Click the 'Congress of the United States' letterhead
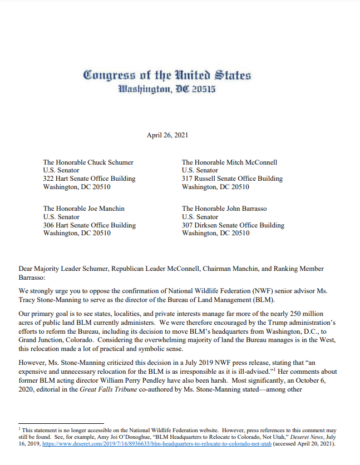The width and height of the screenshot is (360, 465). click(166, 75)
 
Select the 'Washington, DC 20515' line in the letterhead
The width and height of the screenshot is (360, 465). click(166, 89)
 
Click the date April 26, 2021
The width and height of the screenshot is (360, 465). click(165, 135)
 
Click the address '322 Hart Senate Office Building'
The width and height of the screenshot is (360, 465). click(89, 179)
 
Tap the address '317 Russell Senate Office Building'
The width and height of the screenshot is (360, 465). click(232, 179)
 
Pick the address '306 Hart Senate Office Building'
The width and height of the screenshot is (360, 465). click(89, 225)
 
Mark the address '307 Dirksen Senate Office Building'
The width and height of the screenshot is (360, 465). click(233, 225)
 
